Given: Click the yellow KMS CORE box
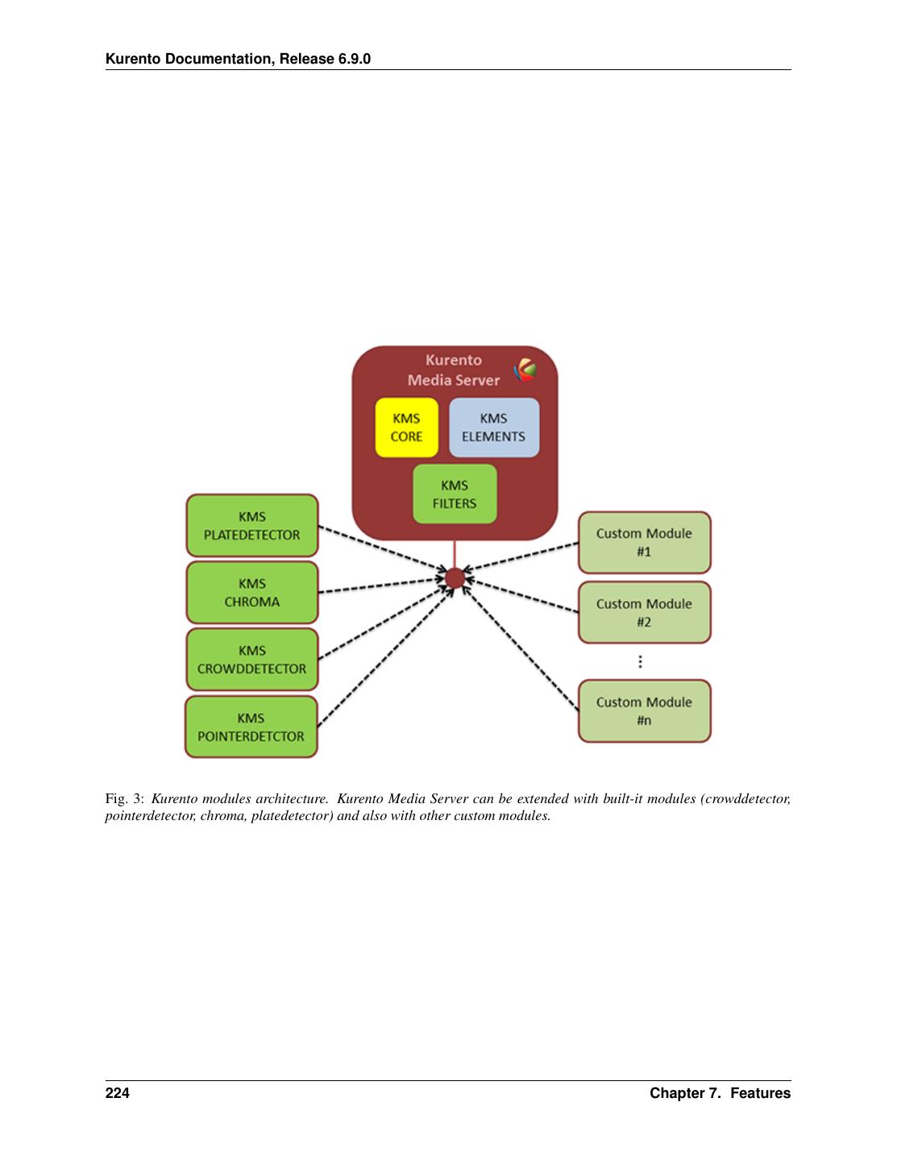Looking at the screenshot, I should pos(406,428).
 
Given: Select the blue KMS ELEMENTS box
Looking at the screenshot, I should pos(493,428).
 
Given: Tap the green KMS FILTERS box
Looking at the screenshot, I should pos(455,494).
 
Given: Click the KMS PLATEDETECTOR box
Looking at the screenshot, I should pos(252,525).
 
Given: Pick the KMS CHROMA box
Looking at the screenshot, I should pos(252,592).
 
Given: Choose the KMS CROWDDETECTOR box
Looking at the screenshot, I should pos(252,659).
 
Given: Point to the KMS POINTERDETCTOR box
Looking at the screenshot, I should pos(251,727).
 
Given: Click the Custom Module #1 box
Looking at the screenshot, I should pos(644,542).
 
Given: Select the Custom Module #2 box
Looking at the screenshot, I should pos(644,612).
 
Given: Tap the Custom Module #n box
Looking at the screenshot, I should pos(644,710).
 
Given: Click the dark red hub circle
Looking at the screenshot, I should pos(455,578).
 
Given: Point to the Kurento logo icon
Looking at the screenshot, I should pos(525,370).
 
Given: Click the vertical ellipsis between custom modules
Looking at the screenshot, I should pos(640,661).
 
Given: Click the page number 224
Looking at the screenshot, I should pos(117,1093).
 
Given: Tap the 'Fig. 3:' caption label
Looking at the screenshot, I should pos(124,799).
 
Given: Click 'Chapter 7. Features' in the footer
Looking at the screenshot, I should pos(720,1093).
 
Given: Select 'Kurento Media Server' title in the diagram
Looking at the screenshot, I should pos(453,370).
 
